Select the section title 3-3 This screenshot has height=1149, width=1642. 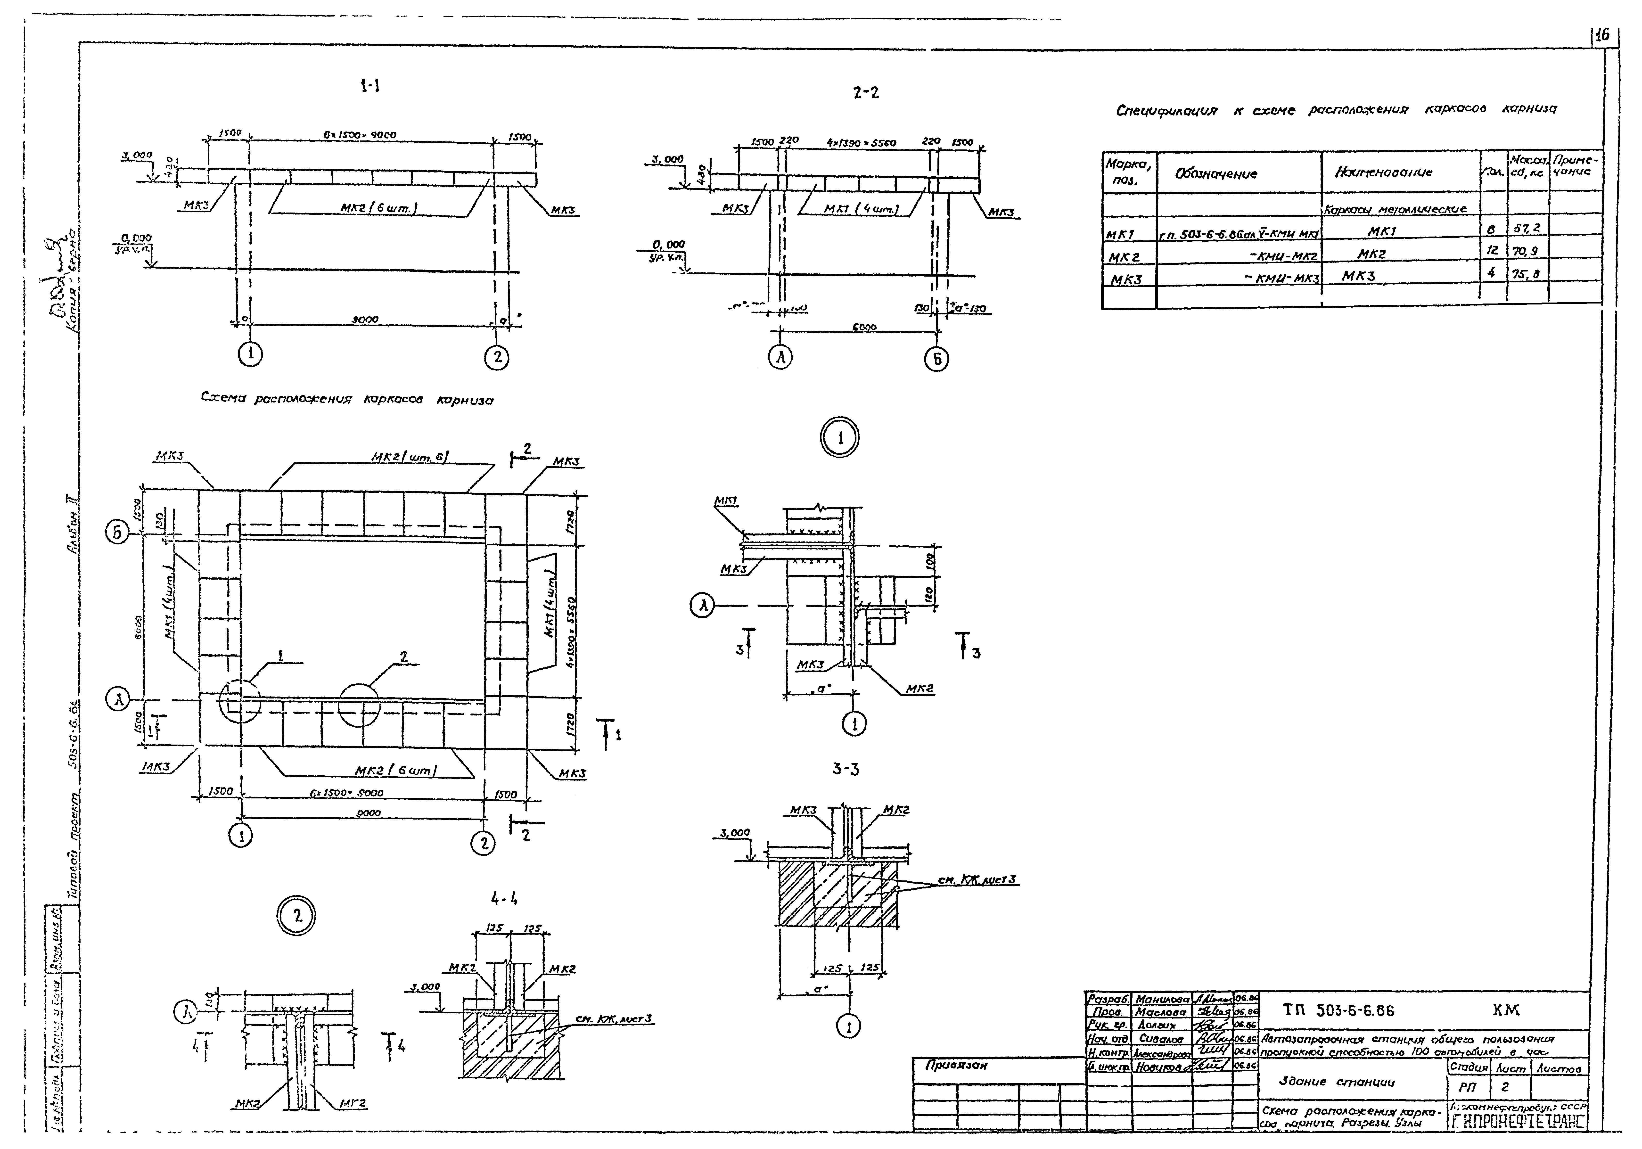pos(846,769)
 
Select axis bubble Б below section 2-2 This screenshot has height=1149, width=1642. pos(937,360)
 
